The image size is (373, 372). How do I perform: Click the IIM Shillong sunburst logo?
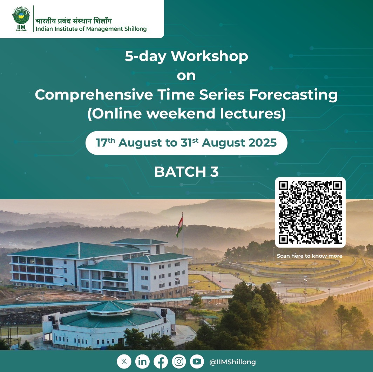pyautogui.click(x=21, y=19)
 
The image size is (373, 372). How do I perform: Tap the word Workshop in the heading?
pyautogui.click(x=209, y=56)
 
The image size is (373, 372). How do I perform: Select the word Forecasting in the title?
pyautogui.click(x=293, y=95)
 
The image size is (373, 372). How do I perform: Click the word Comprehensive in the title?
pyautogui.click(x=94, y=95)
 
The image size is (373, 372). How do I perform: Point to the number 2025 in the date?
pyautogui.click(x=262, y=143)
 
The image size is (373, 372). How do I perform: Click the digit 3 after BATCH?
pyautogui.click(x=214, y=172)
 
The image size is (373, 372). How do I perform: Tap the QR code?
pyautogui.click(x=310, y=212)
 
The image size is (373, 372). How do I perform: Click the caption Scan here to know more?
pyautogui.click(x=310, y=256)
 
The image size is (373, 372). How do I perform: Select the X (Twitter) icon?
pyautogui.click(x=124, y=361)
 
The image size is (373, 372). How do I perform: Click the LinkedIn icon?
pyautogui.click(x=142, y=361)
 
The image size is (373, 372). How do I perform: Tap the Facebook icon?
pyautogui.click(x=161, y=361)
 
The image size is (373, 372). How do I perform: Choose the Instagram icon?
pyautogui.click(x=179, y=361)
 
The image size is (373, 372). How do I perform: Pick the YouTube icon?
pyautogui.click(x=197, y=361)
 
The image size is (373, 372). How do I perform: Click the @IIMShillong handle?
pyautogui.click(x=232, y=362)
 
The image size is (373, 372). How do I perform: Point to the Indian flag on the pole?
pyautogui.click(x=179, y=227)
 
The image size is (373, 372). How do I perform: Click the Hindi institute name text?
pyautogui.click(x=74, y=21)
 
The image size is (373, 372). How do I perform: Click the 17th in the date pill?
pyautogui.click(x=106, y=142)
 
